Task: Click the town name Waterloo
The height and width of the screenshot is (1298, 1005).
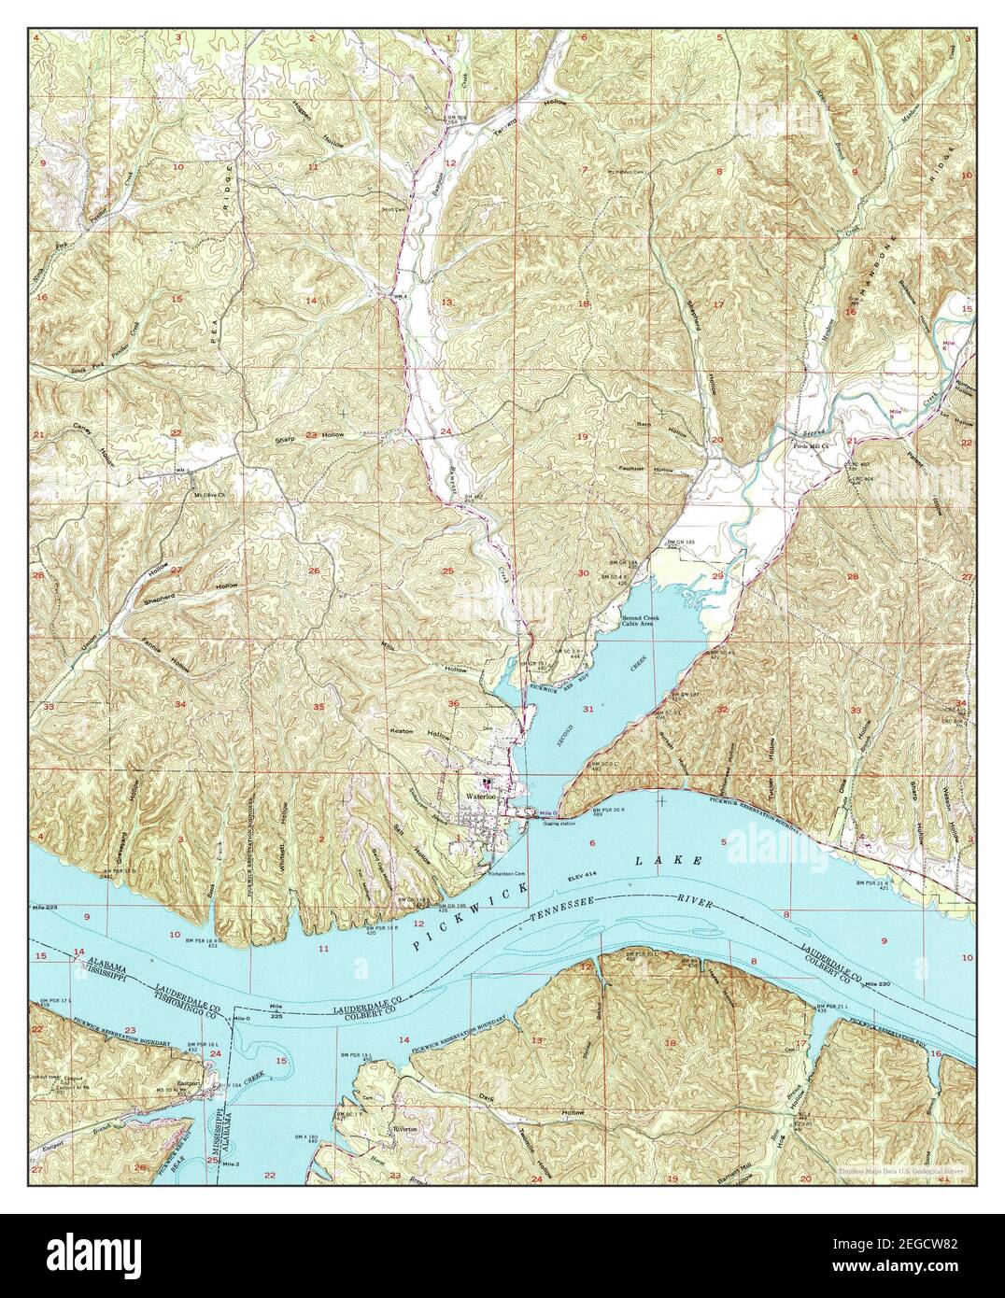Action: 479,796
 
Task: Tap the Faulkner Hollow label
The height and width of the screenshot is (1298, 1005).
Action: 643,469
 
